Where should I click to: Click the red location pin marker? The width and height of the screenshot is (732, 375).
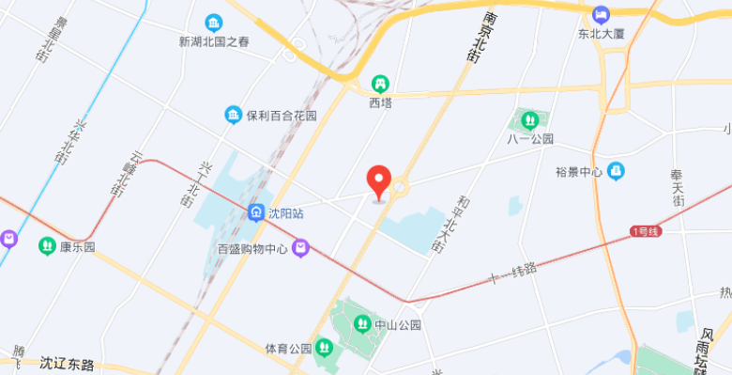point(378,180)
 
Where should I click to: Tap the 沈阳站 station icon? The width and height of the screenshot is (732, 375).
point(256,212)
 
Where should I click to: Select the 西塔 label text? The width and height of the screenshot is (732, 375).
point(380,102)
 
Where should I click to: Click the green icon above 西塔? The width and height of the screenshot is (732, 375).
point(380,84)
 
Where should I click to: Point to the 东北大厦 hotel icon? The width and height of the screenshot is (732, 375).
point(601,15)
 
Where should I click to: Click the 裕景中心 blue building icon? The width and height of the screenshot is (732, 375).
point(616,171)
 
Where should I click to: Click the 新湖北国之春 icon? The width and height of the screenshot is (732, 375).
point(214,22)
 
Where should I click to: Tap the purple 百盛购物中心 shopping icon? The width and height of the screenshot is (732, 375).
point(300,249)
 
